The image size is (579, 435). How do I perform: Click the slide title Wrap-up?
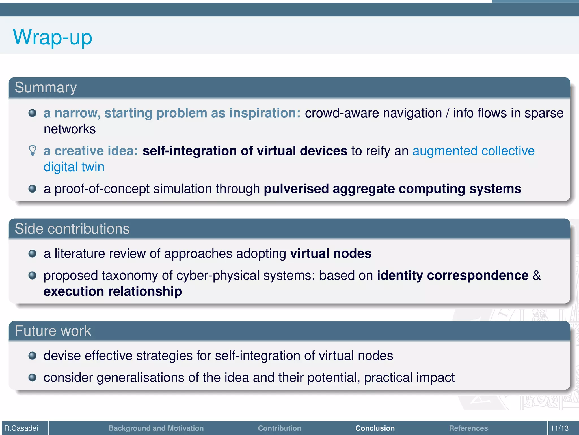click(x=53, y=37)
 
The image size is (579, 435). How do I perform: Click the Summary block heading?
click(x=46, y=88)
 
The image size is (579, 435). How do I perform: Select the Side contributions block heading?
click(x=72, y=229)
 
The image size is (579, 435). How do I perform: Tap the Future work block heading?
click(x=53, y=331)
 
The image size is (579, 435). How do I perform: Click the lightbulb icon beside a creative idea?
click(x=33, y=150)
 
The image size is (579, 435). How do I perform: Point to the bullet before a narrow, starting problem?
click(x=33, y=113)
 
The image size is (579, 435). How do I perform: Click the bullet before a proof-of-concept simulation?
click(x=33, y=189)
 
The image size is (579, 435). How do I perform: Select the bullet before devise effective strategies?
click(x=33, y=355)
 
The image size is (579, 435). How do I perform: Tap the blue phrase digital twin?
click(x=74, y=167)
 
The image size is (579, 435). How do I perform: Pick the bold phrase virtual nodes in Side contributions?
click(x=331, y=253)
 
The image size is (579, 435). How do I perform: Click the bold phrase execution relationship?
click(x=113, y=291)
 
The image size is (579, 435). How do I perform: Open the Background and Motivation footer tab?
click(x=156, y=428)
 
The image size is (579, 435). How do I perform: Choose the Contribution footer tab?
click(x=279, y=428)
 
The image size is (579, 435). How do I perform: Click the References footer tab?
click(x=468, y=428)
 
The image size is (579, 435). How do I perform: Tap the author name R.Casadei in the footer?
click(x=21, y=428)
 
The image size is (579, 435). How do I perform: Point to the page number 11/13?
click(x=559, y=428)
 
